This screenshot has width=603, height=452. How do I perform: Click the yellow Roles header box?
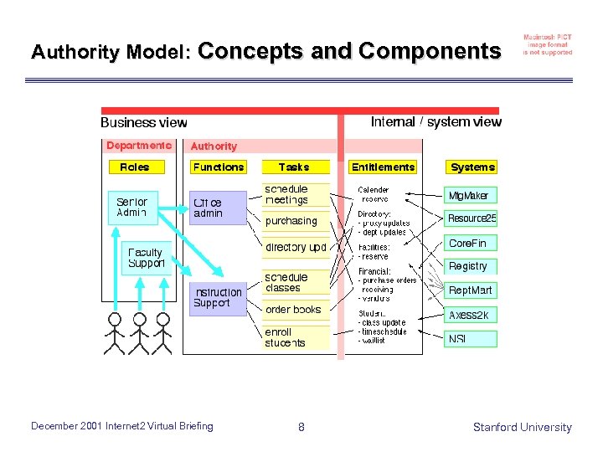pos(134,167)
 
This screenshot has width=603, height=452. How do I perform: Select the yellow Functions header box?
pos(218,167)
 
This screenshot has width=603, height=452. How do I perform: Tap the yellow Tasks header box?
pos(294,167)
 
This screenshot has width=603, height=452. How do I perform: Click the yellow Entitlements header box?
pos(383,167)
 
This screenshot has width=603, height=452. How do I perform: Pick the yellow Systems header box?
pos(472,167)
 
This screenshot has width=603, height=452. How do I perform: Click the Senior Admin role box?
pos(132,207)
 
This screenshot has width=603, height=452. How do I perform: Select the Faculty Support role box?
pos(146,258)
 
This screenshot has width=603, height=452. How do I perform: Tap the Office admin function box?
pos(216,208)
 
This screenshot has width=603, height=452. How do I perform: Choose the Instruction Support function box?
pos(218,298)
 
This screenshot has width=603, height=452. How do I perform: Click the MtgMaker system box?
pos(469,195)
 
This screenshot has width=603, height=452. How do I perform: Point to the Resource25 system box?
pos(472,218)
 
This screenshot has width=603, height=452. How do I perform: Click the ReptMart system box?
pos(471,290)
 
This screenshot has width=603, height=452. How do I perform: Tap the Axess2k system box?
pos(469,315)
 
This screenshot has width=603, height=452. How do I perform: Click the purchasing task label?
pos(291,221)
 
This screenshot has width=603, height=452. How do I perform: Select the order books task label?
pos(293,310)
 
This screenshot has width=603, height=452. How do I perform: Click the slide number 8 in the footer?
pos(301,428)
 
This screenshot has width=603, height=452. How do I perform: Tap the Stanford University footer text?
pos(522,427)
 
